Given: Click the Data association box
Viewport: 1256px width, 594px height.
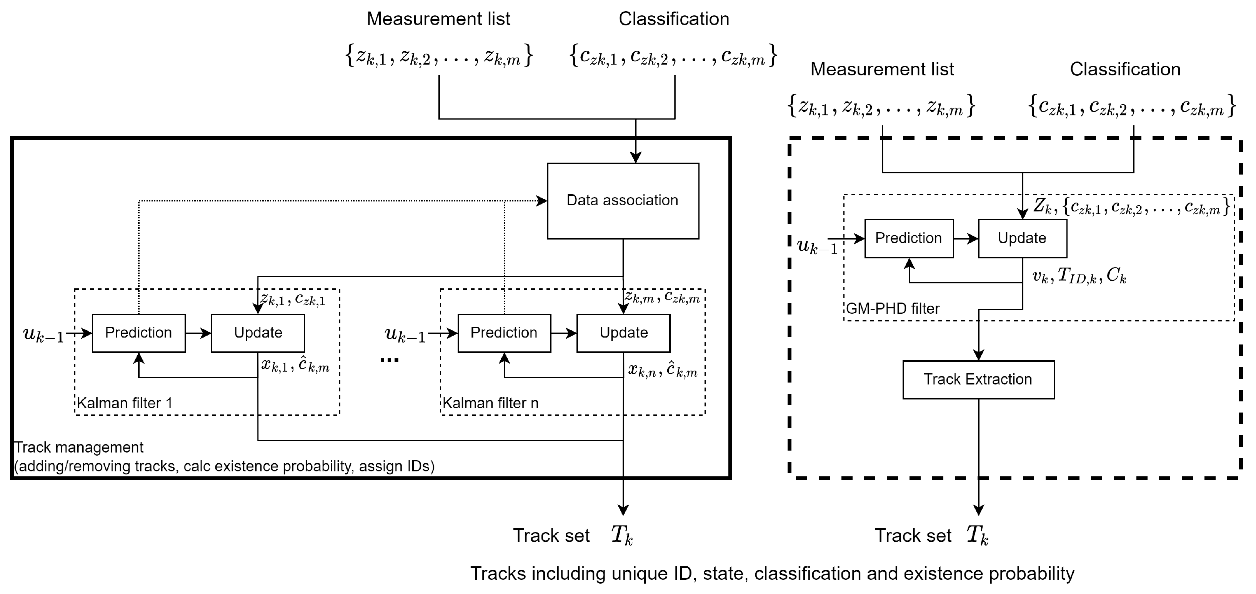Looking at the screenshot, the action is pos(623,201).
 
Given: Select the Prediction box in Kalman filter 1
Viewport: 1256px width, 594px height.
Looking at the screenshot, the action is pos(138,333).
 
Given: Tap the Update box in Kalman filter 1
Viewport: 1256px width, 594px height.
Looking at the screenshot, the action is pos(258,333).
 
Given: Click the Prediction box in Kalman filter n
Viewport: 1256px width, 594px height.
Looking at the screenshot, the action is pos(504,333).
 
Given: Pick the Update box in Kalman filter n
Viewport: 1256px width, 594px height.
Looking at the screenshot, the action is pos(624,333).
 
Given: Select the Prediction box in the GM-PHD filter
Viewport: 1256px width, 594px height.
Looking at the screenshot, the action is pos(909,238).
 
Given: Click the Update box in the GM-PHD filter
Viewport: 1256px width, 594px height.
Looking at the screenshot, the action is pos(1023,238).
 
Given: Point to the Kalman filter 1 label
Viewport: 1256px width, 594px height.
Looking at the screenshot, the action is pos(125,403).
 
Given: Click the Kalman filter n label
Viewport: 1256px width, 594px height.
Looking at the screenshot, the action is pos(490,403).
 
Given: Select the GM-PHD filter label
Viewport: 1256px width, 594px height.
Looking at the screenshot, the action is pos(893,308).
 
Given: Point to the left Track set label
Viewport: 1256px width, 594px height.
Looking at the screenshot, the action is pos(551,536).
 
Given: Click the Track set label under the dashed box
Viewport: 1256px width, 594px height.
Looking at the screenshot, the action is pos(913,536).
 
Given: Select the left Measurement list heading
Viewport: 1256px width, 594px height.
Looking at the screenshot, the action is pos(438,19).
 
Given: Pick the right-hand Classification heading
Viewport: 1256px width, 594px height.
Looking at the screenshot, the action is pos(1125,69).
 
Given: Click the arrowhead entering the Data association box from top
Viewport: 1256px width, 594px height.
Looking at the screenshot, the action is pos(635,157).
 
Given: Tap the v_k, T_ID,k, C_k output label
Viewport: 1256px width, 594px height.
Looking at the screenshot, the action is pos(1079,276).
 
